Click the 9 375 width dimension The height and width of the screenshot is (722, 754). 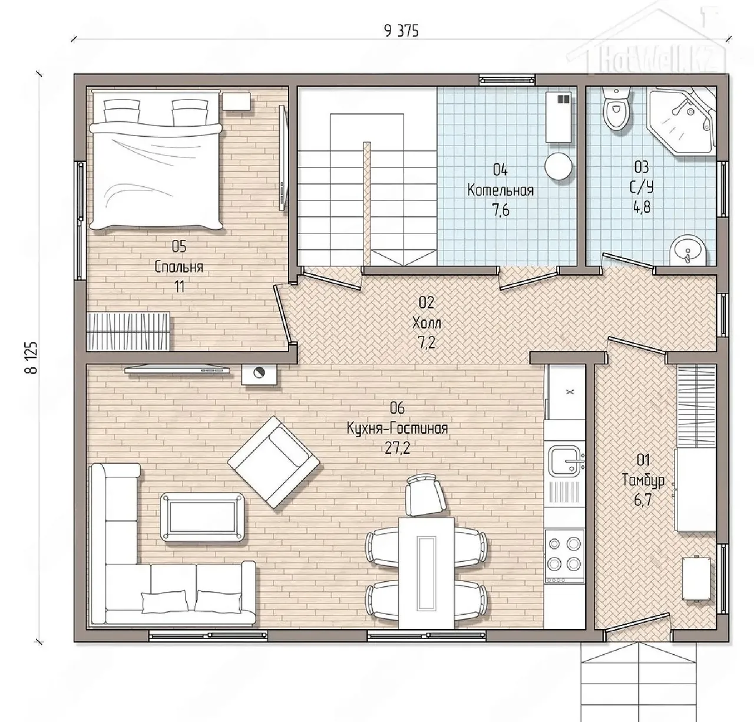[401, 31]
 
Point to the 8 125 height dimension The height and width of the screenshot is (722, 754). [31, 358]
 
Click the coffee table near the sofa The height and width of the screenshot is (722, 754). [202, 517]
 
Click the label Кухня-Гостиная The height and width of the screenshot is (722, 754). [397, 428]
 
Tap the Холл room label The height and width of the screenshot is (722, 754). [426, 323]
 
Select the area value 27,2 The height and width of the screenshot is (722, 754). [398, 449]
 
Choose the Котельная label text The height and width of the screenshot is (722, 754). [501, 190]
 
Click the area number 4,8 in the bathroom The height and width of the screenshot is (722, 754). [642, 208]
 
